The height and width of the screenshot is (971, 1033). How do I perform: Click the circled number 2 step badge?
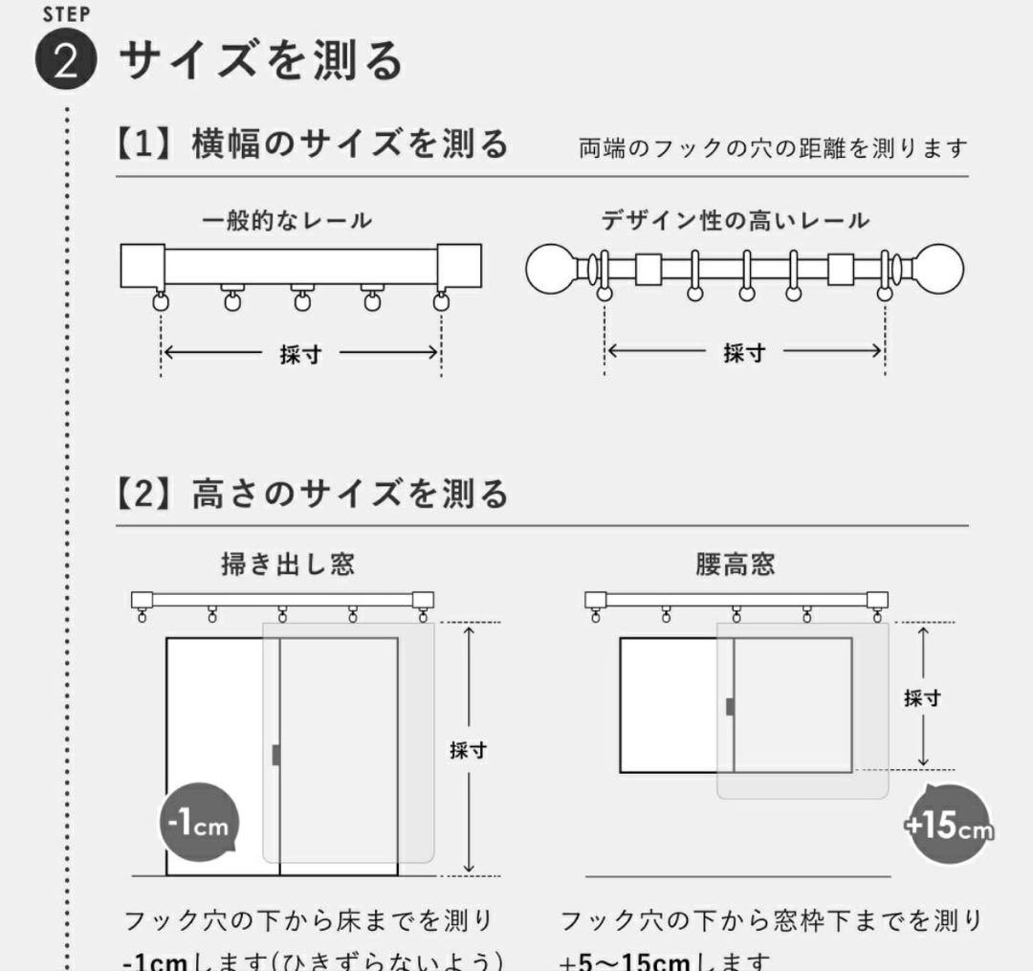(x=66, y=62)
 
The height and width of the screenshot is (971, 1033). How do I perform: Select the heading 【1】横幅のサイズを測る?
(x=312, y=145)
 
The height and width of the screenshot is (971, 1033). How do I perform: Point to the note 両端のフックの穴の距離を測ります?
(x=773, y=148)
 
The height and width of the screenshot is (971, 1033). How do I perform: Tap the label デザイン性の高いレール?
(x=736, y=221)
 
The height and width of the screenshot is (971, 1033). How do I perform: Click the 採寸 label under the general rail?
(x=300, y=354)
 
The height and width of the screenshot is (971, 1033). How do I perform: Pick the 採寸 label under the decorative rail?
(x=744, y=353)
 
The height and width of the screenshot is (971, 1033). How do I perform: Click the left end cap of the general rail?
(x=143, y=265)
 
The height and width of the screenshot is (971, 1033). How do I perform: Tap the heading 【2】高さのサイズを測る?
(x=312, y=495)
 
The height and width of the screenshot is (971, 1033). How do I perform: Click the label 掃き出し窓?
(x=288, y=564)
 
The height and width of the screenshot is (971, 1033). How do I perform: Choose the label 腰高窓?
(x=735, y=564)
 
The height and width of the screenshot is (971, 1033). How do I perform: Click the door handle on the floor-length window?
(x=276, y=754)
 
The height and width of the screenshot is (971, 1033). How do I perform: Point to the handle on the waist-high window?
(x=730, y=706)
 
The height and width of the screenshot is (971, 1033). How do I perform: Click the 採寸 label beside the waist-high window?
(x=922, y=697)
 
